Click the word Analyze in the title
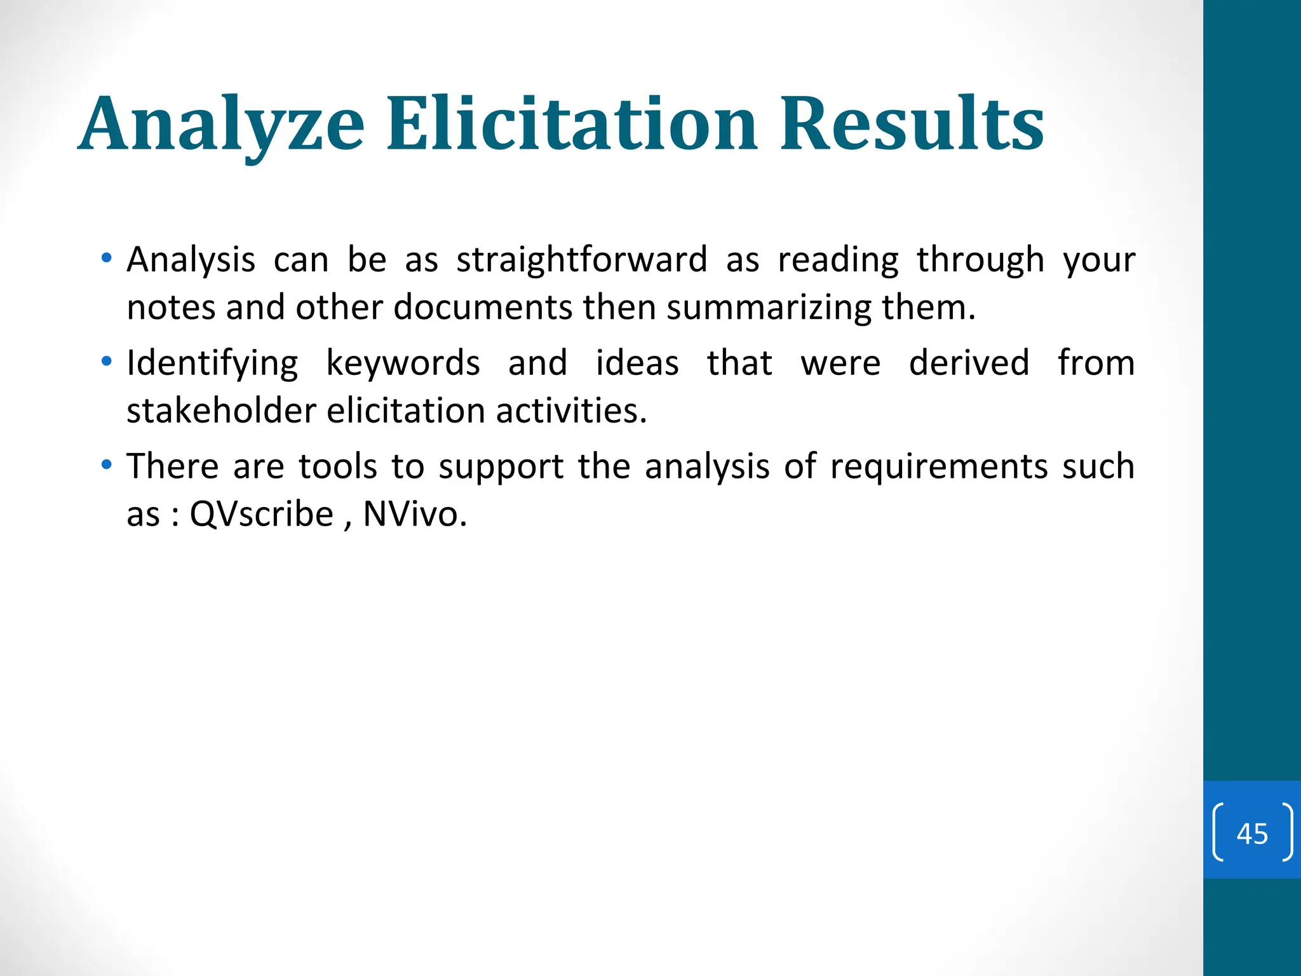pos(222,124)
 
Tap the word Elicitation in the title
pos(572,124)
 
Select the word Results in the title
pos(912,124)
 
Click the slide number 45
pos(1252,833)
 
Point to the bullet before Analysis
pos(107,258)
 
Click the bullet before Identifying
pos(107,362)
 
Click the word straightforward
pos(581,260)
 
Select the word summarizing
pos(769,308)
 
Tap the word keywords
pos(403,363)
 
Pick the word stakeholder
pos(221,411)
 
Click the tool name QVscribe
pos(261,514)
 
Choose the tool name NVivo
pos(414,514)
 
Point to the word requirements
pos(939,467)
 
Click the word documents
pos(483,308)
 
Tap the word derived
pos(969,363)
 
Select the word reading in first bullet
pos(838,260)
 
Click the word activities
pos(571,411)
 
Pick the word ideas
pos(637,363)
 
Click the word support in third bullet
pos(501,467)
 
